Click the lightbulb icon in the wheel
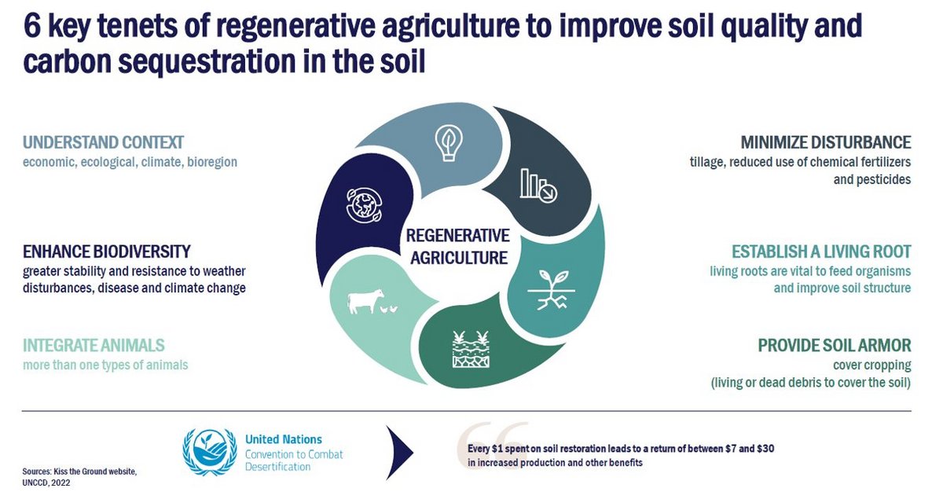(x=449, y=143)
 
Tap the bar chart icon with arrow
(x=538, y=185)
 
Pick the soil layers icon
(x=471, y=349)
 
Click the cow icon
(x=365, y=301)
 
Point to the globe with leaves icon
(x=365, y=205)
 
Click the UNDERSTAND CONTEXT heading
(x=103, y=142)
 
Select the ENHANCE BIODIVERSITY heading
(x=107, y=252)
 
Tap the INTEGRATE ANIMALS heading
(x=94, y=345)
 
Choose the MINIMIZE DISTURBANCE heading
(x=826, y=142)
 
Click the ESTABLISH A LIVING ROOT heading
(x=821, y=252)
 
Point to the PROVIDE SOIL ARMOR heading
(x=835, y=345)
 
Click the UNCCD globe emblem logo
(x=210, y=452)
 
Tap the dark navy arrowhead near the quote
(x=399, y=453)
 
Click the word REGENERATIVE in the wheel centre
(x=458, y=236)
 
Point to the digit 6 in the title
(x=32, y=26)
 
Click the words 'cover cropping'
(x=871, y=365)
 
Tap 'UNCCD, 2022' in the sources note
(x=46, y=483)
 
